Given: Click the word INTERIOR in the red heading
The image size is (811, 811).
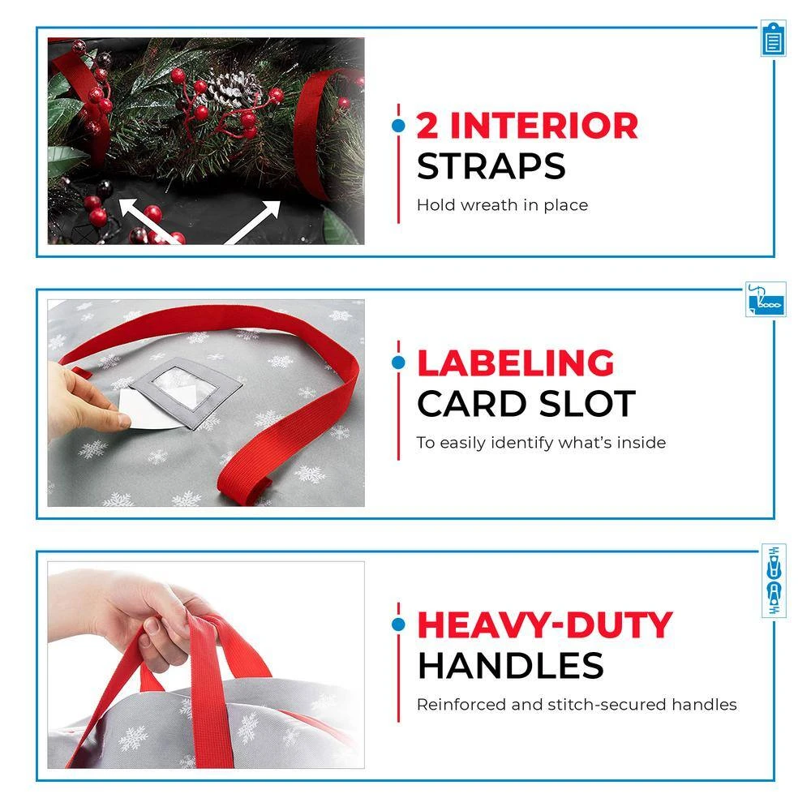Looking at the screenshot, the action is pyautogui.click(x=544, y=126).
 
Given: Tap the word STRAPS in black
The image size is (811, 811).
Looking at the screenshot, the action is pyautogui.click(x=491, y=166).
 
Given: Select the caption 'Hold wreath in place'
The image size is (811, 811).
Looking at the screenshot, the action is pyautogui.click(x=502, y=205).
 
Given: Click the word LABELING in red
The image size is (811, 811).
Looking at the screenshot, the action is pyautogui.click(x=516, y=363).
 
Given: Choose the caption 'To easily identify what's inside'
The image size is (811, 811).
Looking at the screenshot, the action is pyautogui.click(x=541, y=443).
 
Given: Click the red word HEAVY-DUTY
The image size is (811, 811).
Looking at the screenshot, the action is pyautogui.click(x=545, y=624).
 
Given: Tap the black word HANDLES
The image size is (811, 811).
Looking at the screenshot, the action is pyautogui.click(x=510, y=665).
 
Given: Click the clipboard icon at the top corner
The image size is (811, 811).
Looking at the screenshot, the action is pyautogui.click(x=773, y=39).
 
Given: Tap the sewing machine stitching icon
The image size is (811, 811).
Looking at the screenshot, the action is pyautogui.click(x=766, y=299).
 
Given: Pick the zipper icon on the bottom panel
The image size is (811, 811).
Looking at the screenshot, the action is pyautogui.click(x=774, y=581).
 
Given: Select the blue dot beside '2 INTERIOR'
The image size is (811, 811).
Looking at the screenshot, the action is pyautogui.click(x=398, y=126).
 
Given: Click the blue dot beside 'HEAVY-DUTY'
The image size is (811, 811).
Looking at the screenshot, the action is pyautogui.click(x=398, y=624).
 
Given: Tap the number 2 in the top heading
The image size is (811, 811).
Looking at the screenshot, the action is pyautogui.click(x=427, y=126).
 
